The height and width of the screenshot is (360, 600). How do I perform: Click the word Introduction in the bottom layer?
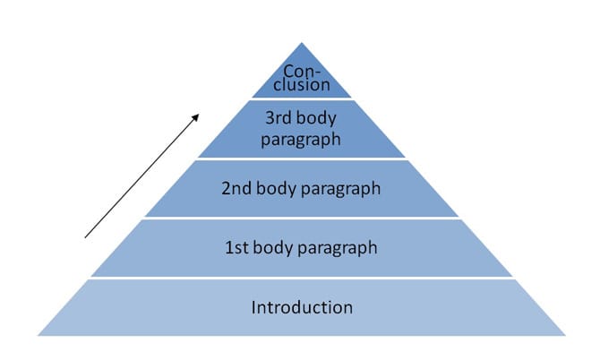pos(302,307)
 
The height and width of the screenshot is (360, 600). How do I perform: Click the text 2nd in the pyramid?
pos(236,188)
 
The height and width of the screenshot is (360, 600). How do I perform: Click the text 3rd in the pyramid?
pos(280,116)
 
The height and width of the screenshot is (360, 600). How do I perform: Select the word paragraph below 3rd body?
pos(302,139)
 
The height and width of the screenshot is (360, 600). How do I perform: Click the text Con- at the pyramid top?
pos(302,72)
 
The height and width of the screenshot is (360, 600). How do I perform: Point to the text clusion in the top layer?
pos(302,88)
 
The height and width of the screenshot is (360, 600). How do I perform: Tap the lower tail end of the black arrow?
pos(86,236)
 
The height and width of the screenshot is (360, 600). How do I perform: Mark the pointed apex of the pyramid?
pos(302,43)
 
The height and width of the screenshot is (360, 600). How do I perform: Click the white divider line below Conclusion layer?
pos(302,99)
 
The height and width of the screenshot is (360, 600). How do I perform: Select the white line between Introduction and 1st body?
pos(302,278)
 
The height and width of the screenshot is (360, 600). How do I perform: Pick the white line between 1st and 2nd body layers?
pos(302,218)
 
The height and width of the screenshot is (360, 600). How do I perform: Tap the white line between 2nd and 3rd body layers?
pos(302,159)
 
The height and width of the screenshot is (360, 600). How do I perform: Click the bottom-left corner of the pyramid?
pos(39,335)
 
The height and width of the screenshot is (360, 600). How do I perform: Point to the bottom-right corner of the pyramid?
pos(565,335)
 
